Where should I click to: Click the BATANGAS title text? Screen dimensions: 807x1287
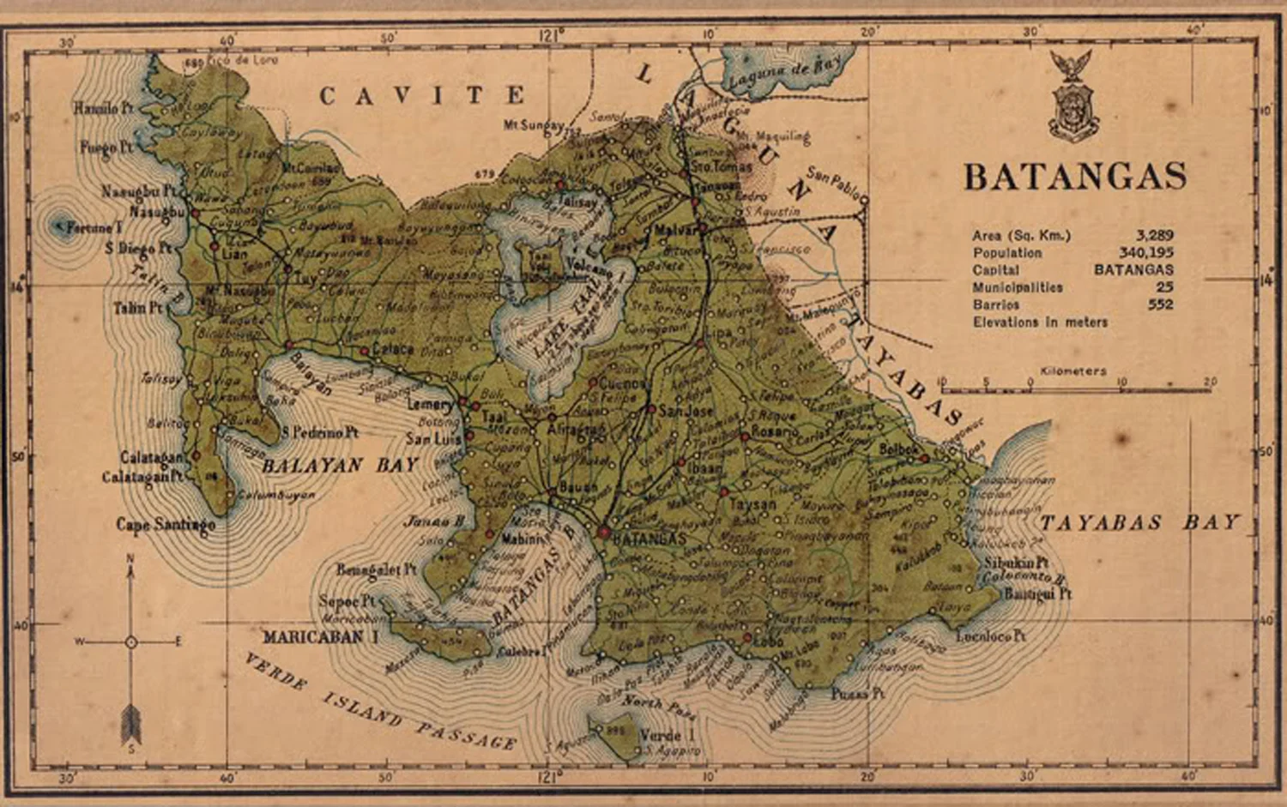1075,177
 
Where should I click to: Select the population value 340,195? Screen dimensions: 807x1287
1145,253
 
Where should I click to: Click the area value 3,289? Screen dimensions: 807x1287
1154,235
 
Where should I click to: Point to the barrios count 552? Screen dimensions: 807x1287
1160,304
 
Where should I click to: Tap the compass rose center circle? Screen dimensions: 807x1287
130,641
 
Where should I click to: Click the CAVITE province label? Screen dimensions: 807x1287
422,95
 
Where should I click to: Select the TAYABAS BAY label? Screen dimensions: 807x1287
1139,522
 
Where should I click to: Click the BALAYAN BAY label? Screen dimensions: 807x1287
340,466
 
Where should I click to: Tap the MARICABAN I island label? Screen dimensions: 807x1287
320,637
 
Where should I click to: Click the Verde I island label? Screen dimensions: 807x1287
668,735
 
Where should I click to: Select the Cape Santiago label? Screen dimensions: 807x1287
166,524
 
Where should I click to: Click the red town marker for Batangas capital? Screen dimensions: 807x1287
604,533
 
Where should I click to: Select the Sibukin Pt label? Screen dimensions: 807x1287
1016,563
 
